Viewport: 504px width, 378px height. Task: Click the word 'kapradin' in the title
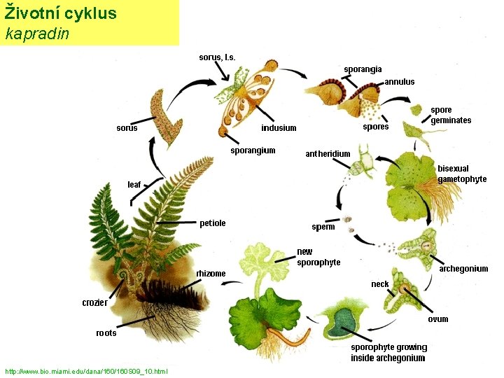click(37, 34)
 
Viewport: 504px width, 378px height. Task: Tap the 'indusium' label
click(279, 128)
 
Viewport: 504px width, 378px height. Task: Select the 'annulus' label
click(400, 82)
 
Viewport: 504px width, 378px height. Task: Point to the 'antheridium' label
click(328, 154)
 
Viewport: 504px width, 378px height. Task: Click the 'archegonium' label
click(463, 268)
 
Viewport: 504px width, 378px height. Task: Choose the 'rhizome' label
click(211, 274)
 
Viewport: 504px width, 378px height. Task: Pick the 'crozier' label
click(94, 302)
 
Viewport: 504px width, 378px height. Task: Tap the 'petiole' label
click(213, 223)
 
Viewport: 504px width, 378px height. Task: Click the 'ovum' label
click(437, 319)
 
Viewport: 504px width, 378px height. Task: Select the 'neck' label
click(380, 284)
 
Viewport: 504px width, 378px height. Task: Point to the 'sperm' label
click(323, 227)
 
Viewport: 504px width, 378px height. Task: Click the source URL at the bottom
click(87, 372)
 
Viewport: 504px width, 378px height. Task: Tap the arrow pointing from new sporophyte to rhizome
click(232, 283)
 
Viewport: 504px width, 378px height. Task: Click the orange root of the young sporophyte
click(289, 337)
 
